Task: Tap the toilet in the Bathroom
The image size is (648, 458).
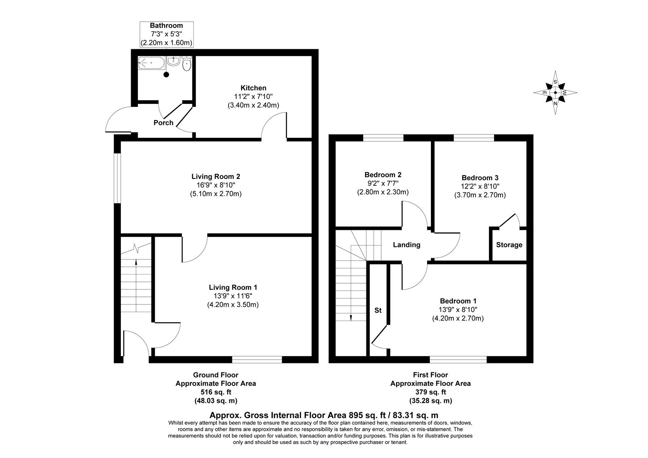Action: click(187, 64)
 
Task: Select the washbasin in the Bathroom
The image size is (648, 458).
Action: click(173, 62)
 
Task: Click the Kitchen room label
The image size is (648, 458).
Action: click(253, 88)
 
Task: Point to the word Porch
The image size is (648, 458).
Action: click(163, 123)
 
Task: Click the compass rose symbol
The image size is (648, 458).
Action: click(555, 92)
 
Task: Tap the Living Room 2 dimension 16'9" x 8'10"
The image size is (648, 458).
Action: click(215, 185)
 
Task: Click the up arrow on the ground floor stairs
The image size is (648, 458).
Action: click(136, 262)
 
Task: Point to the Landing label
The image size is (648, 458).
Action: click(406, 245)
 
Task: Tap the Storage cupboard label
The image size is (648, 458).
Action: click(509, 245)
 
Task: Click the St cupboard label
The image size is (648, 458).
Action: click(378, 310)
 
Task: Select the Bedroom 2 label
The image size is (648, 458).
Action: click(383, 174)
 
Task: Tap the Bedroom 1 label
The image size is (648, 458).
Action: click(458, 301)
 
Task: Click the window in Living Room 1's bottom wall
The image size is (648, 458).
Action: click(257, 360)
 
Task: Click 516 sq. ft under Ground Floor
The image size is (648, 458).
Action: click(215, 392)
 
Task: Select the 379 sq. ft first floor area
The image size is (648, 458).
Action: click(430, 392)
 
